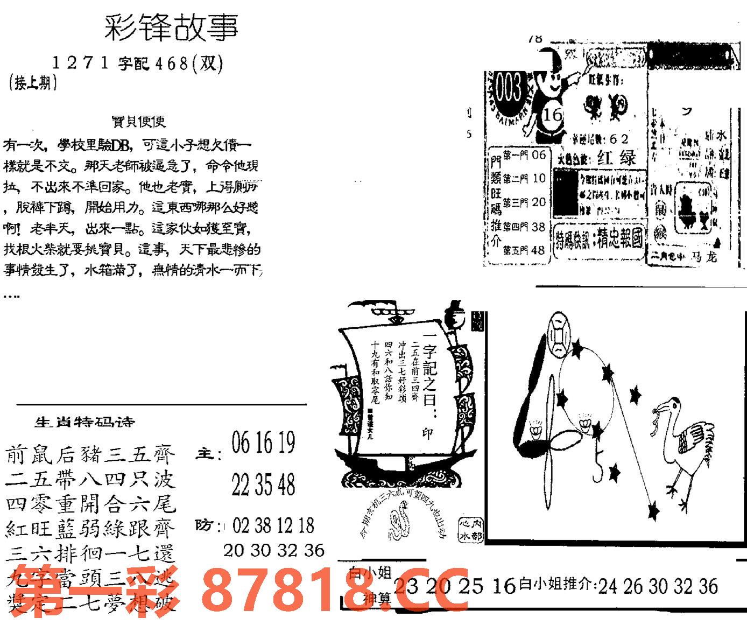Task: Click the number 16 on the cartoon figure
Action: point(552,115)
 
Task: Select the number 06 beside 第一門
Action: point(538,155)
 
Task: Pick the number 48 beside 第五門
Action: point(538,250)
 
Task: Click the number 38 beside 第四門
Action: point(538,227)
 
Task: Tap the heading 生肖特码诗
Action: point(84,422)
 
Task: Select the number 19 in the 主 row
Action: point(286,444)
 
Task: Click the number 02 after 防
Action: point(242,525)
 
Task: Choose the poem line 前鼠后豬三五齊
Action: point(90,455)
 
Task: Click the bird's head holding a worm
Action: point(667,408)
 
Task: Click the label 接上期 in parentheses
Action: point(33,83)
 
